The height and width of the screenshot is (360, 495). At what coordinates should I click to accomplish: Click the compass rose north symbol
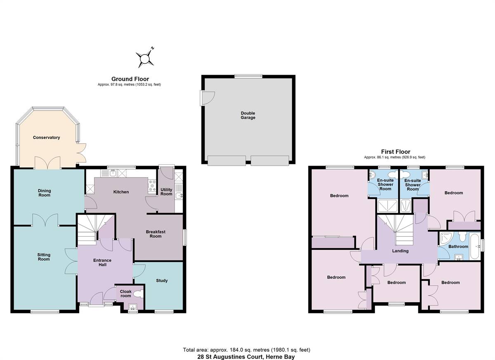click(145, 59)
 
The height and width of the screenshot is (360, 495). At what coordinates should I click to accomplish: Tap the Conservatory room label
click(46, 137)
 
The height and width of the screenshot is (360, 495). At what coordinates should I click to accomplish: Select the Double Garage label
click(248, 115)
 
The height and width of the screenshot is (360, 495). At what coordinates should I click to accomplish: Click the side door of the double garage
click(207, 98)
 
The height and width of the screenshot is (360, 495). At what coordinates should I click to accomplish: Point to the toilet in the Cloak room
click(139, 294)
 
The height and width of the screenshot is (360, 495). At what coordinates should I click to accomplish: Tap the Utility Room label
click(166, 192)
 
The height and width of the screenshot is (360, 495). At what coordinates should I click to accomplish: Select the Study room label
click(162, 281)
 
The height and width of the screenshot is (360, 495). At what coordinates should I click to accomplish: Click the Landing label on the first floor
click(400, 251)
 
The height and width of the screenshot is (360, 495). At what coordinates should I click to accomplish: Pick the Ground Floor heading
click(130, 79)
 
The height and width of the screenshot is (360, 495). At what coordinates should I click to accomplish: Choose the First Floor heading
click(396, 152)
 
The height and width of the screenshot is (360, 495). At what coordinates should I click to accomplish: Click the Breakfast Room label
click(156, 234)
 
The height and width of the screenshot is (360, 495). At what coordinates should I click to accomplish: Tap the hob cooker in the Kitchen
click(152, 186)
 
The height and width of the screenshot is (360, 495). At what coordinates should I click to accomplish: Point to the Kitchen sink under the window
click(113, 173)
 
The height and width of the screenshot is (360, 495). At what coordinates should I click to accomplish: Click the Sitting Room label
click(44, 257)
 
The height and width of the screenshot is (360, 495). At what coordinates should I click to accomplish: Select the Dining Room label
click(45, 193)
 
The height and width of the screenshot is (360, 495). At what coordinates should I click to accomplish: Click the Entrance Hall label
click(102, 263)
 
